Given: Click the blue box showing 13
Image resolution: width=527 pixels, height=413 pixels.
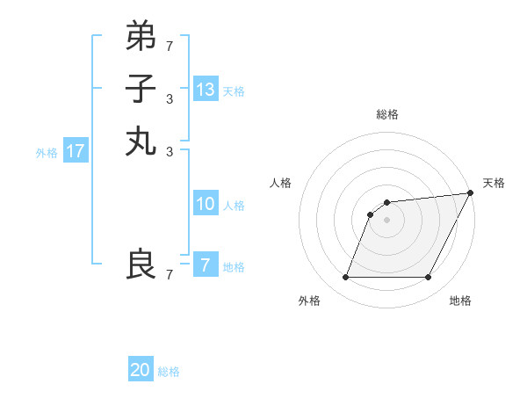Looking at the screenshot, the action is click(x=206, y=90).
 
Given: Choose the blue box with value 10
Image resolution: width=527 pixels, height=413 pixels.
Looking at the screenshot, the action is click(x=206, y=204).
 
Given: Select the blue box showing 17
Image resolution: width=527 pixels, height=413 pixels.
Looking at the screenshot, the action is click(x=76, y=151).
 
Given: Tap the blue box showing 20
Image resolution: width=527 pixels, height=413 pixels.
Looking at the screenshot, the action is click(x=141, y=370).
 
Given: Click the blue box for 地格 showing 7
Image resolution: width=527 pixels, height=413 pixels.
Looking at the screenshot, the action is click(x=206, y=264).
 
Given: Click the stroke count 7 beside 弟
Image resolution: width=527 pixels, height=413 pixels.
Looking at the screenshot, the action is click(x=169, y=45).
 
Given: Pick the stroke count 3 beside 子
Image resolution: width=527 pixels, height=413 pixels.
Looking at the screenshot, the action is click(x=169, y=98).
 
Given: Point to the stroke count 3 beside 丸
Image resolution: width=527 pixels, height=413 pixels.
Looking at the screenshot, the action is click(x=169, y=151).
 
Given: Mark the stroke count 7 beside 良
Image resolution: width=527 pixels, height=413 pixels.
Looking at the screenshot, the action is click(x=169, y=275).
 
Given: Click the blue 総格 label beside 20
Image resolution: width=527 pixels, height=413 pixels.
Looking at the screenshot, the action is click(x=169, y=372).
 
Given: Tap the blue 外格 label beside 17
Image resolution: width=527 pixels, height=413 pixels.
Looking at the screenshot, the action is click(x=47, y=153).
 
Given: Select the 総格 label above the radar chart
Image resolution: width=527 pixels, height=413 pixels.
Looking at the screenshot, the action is click(x=386, y=114).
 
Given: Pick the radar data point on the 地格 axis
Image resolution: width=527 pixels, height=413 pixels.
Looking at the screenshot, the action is click(x=428, y=278).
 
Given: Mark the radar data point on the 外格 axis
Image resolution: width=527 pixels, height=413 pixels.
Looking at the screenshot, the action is click(x=345, y=278).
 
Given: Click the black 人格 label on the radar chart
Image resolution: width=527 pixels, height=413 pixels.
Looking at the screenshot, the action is click(x=281, y=183).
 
